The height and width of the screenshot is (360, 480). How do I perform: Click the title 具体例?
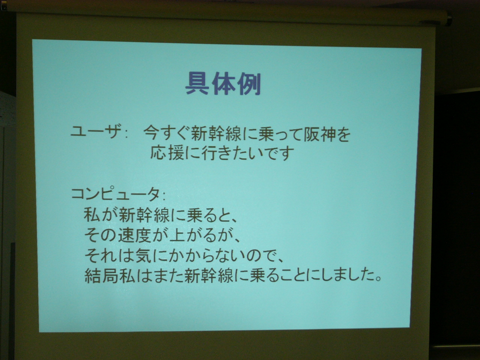pos(223,84)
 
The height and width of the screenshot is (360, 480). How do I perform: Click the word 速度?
pos(135,236)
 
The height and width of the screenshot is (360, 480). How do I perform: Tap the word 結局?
pos(102,276)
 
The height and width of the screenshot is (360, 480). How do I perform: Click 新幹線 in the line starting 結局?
pos(209,276)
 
